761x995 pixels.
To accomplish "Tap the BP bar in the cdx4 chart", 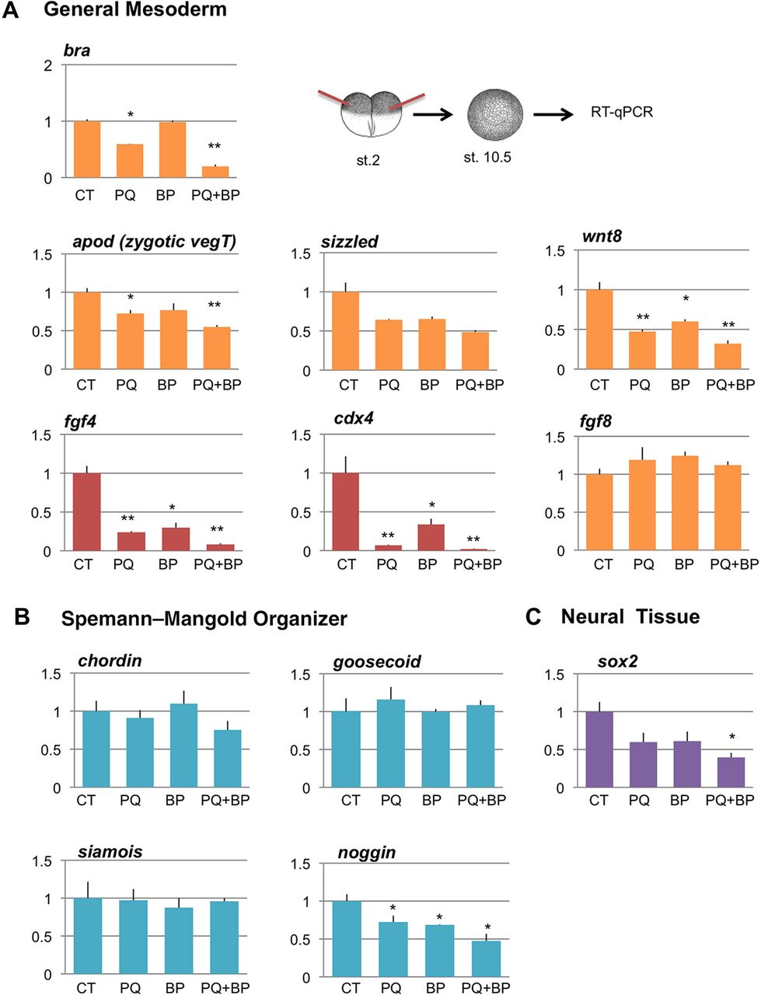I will pyautogui.click(x=428, y=537).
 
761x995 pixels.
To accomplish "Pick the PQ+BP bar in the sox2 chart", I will pyautogui.click(x=730, y=772).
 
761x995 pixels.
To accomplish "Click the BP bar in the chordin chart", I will pyautogui.click(x=175, y=745).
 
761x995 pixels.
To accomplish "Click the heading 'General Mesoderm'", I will pyautogui.click(x=135, y=11).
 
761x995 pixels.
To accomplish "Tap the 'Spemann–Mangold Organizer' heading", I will pyautogui.click(x=204, y=619).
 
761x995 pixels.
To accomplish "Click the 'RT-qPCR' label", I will pyautogui.click(x=621, y=112).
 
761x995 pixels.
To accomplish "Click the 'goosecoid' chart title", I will pyautogui.click(x=377, y=662).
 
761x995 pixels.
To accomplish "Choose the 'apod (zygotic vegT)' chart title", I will pyautogui.click(x=155, y=242).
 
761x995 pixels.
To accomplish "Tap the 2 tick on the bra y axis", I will pyautogui.click(x=48, y=65).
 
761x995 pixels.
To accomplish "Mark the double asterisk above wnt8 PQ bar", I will pyautogui.click(x=643, y=318).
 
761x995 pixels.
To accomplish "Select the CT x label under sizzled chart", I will pyautogui.click(x=348, y=385).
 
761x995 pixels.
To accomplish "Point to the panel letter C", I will pyautogui.click(x=533, y=617).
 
